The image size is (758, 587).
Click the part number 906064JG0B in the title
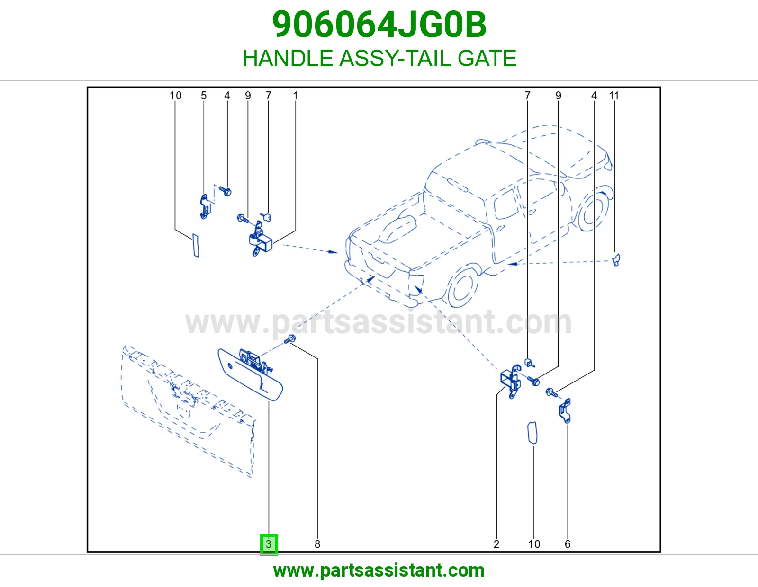coord(379,25)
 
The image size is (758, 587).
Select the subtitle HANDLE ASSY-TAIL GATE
coord(379,58)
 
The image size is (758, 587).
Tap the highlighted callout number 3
coord(269,544)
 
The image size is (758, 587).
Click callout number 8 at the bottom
coord(317,544)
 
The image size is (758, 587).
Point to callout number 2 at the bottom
coord(496,544)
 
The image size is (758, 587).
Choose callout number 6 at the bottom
coord(568,544)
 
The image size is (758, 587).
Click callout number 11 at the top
coord(614,96)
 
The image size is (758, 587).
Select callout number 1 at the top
coord(296,96)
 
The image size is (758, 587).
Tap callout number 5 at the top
coord(204,96)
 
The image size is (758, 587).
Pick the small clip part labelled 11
coord(616,260)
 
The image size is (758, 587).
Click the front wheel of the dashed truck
coord(462,286)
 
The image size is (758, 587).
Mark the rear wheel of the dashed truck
coord(592,211)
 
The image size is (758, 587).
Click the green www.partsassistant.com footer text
coord(379,570)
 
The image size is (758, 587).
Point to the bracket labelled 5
coord(206,206)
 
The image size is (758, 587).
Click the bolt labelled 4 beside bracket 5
coord(225,191)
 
